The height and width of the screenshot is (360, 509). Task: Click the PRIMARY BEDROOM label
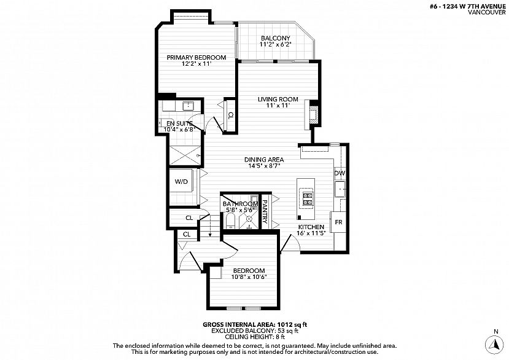pyautogui.click(x=196, y=58)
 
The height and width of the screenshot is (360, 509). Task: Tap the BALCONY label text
pyautogui.click(x=275, y=38)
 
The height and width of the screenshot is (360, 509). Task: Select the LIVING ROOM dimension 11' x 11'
pyautogui.click(x=278, y=106)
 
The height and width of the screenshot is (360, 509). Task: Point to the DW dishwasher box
pyautogui.click(x=340, y=173)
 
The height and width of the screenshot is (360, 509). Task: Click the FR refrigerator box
pyautogui.click(x=338, y=222)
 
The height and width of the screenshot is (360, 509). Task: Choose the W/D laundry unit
pyautogui.click(x=181, y=181)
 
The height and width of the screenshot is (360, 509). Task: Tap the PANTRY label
pyautogui.click(x=265, y=212)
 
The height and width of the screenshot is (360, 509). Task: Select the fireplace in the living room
pyautogui.click(x=311, y=115)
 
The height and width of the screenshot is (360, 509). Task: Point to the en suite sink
pyautogui.click(x=188, y=106)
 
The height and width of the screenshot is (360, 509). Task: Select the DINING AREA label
pyautogui.click(x=264, y=160)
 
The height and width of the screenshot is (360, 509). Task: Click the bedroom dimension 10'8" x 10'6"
pyautogui.click(x=249, y=277)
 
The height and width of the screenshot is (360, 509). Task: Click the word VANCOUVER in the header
pyautogui.click(x=487, y=12)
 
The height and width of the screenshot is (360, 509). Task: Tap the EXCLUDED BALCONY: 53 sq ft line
pyautogui.click(x=255, y=331)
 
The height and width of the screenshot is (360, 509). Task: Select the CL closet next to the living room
pyautogui.click(x=230, y=115)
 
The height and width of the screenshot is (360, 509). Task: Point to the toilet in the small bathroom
pyautogui.click(x=230, y=221)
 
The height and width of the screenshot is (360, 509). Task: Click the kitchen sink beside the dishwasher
pyautogui.click(x=340, y=189)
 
